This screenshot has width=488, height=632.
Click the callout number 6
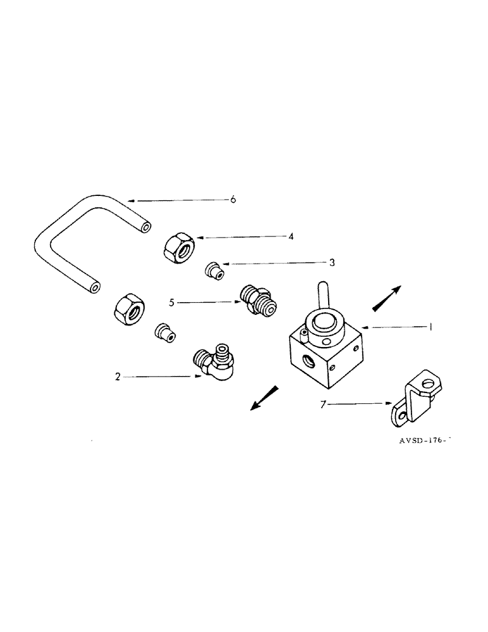click(233, 200)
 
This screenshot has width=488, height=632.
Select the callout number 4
click(291, 237)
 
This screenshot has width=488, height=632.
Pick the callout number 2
click(118, 377)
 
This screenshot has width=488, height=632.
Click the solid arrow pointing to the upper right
click(387, 298)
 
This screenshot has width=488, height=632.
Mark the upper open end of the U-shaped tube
click(147, 226)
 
